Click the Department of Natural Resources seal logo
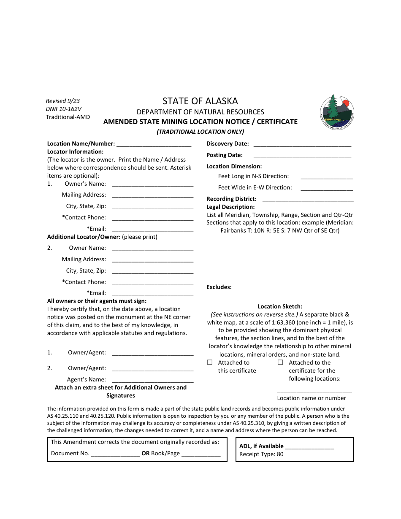click(x=336, y=112)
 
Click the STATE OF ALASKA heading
click(x=200, y=101)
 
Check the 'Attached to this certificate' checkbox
click(x=210, y=362)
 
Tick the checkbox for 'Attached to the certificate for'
click(x=280, y=362)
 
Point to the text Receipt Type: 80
click(x=261, y=454)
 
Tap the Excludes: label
click(x=219, y=287)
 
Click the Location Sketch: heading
click(x=280, y=307)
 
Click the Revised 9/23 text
click(x=63, y=101)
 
